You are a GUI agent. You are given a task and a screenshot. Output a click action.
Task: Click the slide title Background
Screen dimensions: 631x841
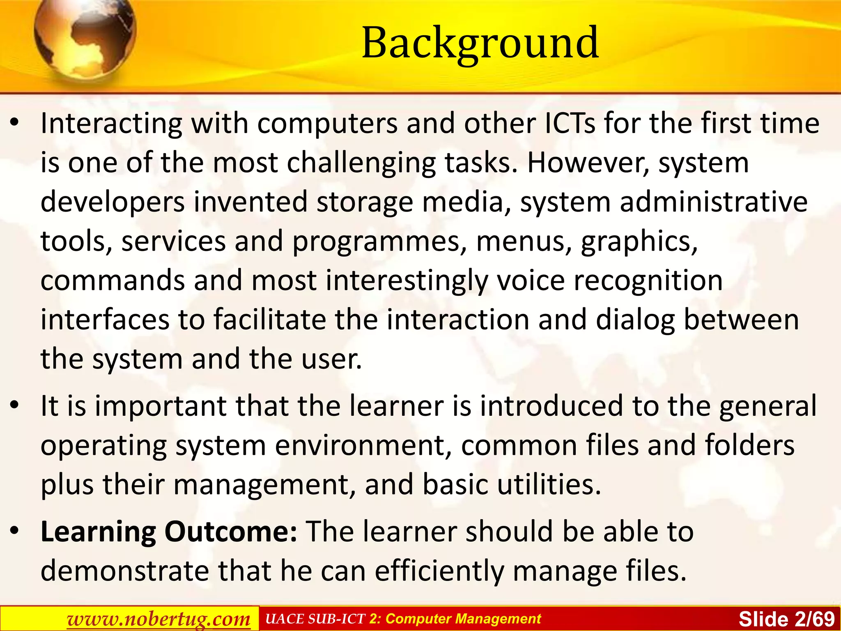click(x=480, y=42)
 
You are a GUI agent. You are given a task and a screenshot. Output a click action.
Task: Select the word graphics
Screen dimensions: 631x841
click(x=639, y=241)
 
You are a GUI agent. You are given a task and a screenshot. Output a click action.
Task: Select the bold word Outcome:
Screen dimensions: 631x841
click(x=231, y=532)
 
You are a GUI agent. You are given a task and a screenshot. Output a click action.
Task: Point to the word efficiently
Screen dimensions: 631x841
click(x=439, y=571)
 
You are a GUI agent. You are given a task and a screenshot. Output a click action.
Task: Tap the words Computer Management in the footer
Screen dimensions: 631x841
click(x=463, y=619)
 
